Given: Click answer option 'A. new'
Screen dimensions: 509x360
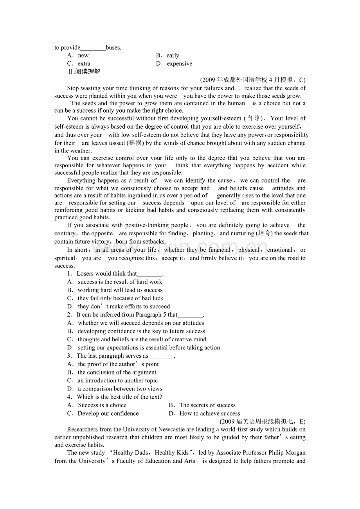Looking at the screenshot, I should (78, 56).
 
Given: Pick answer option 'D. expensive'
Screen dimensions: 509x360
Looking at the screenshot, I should (174, 64).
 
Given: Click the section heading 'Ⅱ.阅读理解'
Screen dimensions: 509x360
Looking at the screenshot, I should (84, 72).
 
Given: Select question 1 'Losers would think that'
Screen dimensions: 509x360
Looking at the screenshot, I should (115, 274).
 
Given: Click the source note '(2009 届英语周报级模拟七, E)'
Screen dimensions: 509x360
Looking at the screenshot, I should (263, 421).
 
